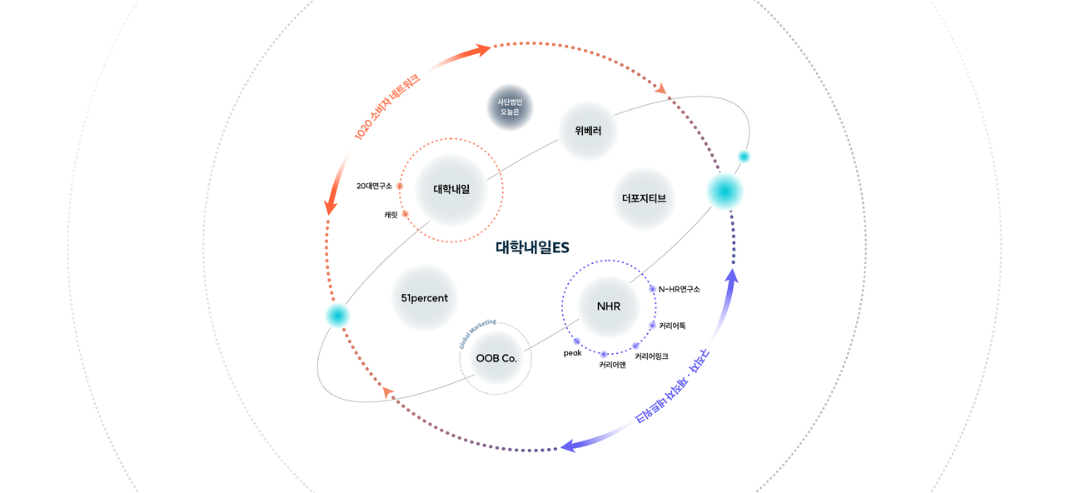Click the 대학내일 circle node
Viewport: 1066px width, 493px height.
point(451,189)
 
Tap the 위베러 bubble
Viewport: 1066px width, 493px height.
point(587,131)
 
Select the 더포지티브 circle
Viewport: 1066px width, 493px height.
point(643,199)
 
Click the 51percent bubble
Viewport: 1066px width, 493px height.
point(425,297)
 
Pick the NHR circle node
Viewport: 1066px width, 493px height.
point(608,306)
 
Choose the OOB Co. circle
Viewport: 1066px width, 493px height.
point(496,358)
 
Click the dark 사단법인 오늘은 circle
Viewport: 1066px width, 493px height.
point(509,107)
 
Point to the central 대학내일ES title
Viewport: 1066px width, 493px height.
point(532,247)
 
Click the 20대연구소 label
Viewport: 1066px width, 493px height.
point(374,186)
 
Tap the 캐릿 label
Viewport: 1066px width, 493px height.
point(391,215)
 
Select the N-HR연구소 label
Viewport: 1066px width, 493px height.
point(679,289)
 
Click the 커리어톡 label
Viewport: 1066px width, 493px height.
point(672,325)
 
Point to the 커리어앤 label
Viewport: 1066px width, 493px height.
point(612,365)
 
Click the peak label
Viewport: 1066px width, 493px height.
point(571,353)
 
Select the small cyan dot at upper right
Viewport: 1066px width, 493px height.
point(744,157)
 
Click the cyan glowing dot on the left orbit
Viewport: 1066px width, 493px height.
point(337,315)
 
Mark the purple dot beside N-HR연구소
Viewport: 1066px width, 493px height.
point(652,289)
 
